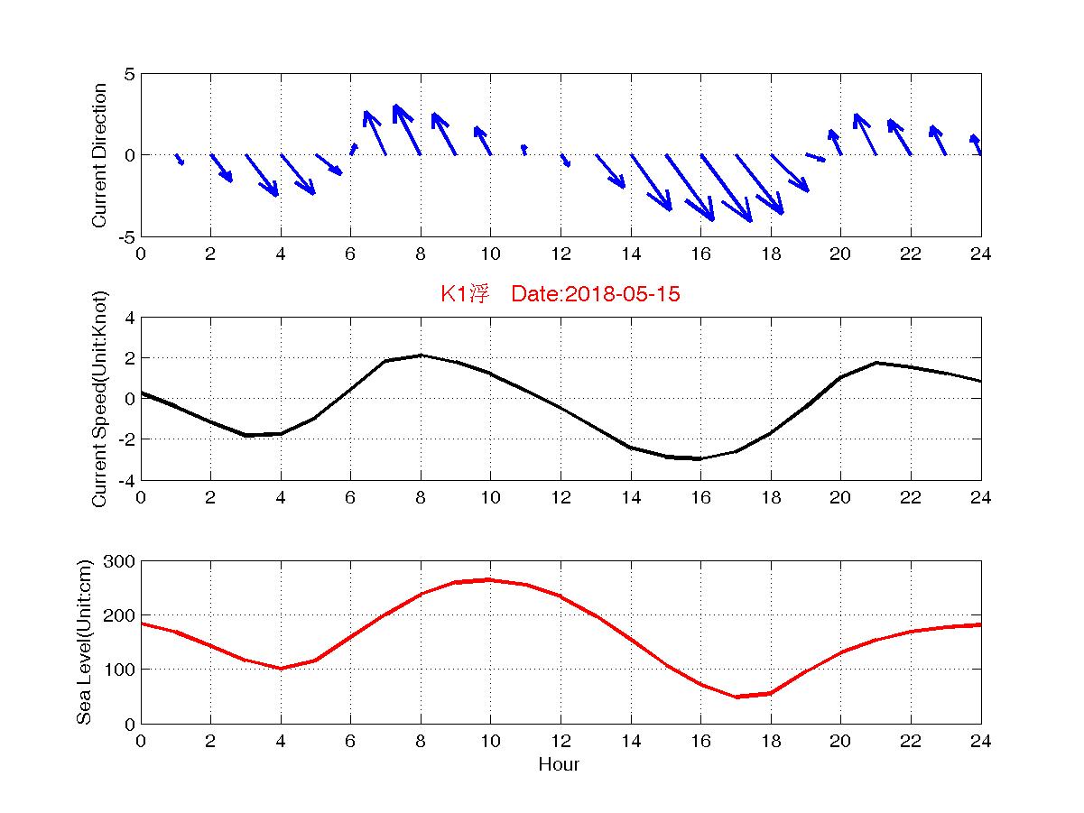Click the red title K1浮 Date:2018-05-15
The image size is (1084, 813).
coord(560,294)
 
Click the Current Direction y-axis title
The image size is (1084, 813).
coord(99,155)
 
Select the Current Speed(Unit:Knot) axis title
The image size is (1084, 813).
coord(99,398)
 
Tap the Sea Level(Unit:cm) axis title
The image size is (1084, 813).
coord(84,642)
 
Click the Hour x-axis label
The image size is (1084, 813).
coord(559,765)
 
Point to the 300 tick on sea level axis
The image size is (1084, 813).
coord(120,561)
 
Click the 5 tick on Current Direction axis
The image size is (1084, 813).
coord(129,74)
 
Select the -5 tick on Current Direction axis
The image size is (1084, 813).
coord(125,236)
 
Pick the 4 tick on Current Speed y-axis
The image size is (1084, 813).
coord(129,318)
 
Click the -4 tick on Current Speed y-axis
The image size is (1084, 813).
coord(125,479)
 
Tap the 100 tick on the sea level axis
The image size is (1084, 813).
coord(120,670)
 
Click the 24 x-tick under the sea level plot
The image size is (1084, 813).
coord(980,741)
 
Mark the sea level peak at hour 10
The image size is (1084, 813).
coord(490,580)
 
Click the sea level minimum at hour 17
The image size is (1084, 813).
coord(736,697)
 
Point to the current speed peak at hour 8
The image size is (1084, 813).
coord(421,356)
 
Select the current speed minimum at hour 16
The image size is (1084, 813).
coord(700,458)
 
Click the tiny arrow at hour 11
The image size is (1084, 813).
coord(524,148)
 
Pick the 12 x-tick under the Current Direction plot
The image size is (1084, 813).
coord(561,254)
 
